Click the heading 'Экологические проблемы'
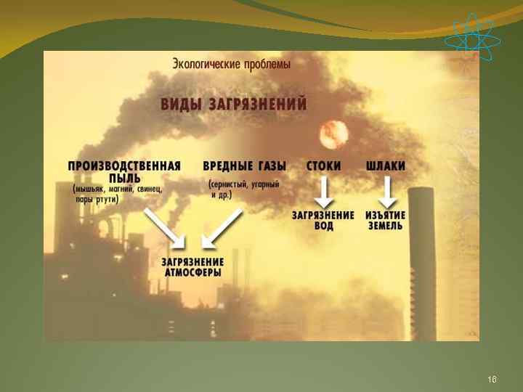[231, 64]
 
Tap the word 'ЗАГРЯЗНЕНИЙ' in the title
[259, 103]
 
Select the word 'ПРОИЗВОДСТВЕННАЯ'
[124, 166]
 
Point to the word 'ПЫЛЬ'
[124, 177]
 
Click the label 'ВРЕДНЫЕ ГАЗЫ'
[244, 166]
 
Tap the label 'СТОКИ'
[323, 166]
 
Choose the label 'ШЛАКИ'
[386, 166]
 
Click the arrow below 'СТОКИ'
[323, 192]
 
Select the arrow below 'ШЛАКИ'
[386, 192]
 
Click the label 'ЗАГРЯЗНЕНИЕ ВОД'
[323, 220]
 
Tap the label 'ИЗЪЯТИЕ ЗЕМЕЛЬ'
[386, 220]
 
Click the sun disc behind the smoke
[334, 134]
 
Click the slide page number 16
[492, 380]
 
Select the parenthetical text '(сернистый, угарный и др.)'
[244, 190]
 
